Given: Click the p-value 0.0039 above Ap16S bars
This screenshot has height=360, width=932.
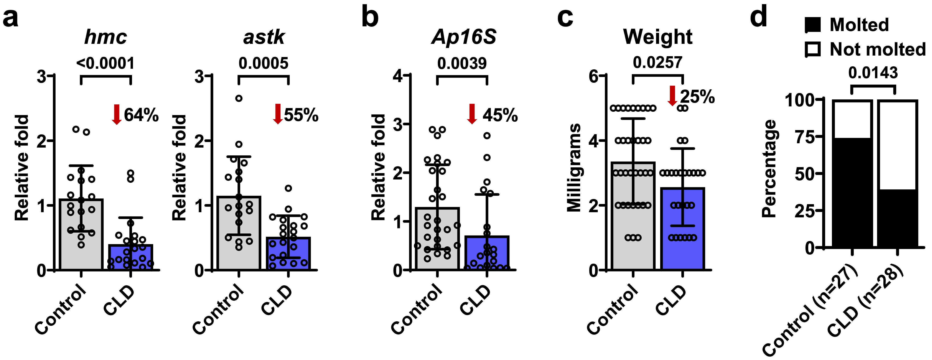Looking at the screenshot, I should pyautogui.click(x=462, y=64).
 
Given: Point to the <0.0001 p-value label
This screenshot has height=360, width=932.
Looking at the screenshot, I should pyautogui.click(x=105, y=64).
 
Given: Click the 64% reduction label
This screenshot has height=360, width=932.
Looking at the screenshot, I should pyautogui.click(x=141, y=115).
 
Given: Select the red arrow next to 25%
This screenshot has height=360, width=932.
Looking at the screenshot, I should pyautogui.click(x=672, y=95).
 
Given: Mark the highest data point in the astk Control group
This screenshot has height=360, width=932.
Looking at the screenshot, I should pyautogui.click(x=239, y=98).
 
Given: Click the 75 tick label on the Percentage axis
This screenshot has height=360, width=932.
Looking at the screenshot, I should pyautogui.click(x=805, y=137).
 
